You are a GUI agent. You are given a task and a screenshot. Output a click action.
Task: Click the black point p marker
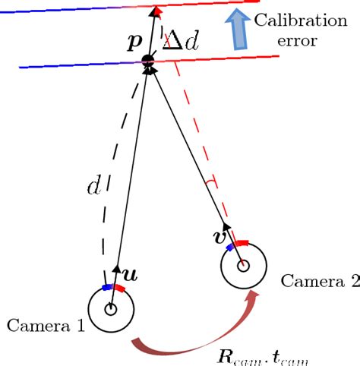click(147, 61)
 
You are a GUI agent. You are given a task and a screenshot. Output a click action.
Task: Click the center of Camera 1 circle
click(111, 309)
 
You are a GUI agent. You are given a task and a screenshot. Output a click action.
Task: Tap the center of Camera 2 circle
click(243, 265)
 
